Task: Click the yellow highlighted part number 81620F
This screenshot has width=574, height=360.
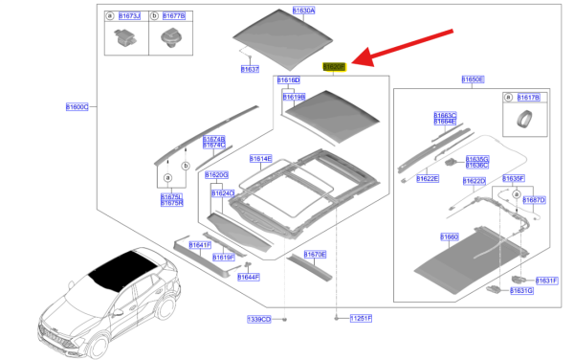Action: (334, 66)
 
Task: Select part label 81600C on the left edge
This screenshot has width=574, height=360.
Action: (77, 106)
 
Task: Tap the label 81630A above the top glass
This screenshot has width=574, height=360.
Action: (302, 10)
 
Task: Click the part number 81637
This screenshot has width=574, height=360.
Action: (250, 70)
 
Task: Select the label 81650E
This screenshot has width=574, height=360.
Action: (473, 79)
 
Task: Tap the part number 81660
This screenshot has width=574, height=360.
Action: (450, 236)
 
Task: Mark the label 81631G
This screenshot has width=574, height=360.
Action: (521, 290)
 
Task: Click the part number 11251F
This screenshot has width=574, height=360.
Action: (360, 318)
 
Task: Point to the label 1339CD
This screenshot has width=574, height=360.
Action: (259, 318)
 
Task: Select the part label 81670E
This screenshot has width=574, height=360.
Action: (315, 254)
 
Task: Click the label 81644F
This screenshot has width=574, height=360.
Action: (249, 277)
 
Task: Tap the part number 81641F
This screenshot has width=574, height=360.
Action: (199, 245)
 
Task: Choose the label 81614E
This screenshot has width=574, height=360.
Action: (260, 158)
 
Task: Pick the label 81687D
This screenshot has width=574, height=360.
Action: (534, 200)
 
